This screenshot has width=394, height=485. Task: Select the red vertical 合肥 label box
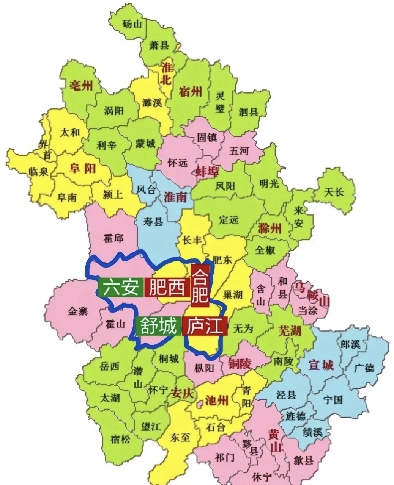coord(200,286)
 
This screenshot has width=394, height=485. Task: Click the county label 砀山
coord(132,24)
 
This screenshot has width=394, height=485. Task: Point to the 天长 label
coord(334,192)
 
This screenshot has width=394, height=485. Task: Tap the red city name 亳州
coord(81,85)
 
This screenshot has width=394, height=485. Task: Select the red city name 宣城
coord(321,365)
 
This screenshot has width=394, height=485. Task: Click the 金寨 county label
coord(78,311)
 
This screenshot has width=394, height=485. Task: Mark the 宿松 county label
coord(120,440)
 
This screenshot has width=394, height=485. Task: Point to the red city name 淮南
coord(175,197)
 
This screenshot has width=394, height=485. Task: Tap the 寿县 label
coord(153,221)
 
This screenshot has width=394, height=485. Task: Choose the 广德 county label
coord(364,368)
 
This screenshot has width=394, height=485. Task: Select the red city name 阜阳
coord(83,168)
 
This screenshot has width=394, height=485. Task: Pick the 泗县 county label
coord(249,112)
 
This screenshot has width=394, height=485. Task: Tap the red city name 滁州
coord(270,228)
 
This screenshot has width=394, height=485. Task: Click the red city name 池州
coord(216,401)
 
